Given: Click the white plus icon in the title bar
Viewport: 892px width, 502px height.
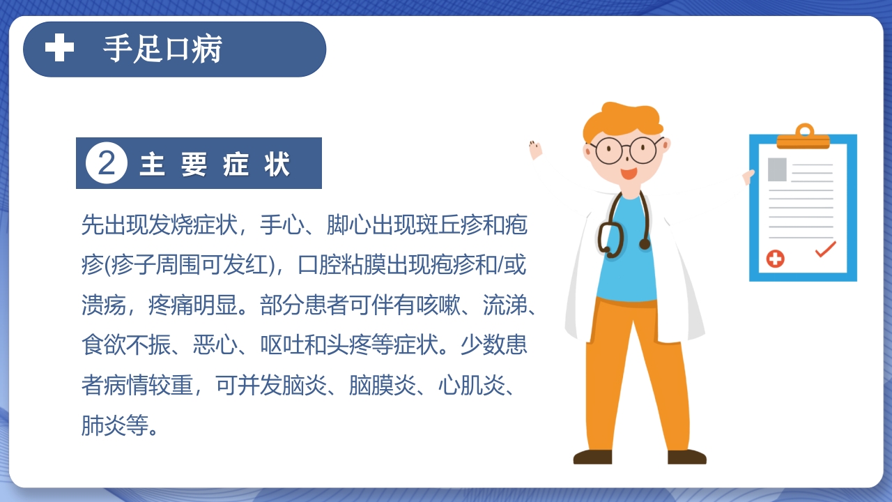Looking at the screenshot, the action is (x=59, y=48).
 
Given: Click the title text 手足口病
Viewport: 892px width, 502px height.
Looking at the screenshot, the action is (x=163, y=49).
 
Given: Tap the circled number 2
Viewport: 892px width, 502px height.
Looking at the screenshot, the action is (x=107, y=164).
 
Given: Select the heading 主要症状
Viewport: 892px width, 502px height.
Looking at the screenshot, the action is (x=215, y=165).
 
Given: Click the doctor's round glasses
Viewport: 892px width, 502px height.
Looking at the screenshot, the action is (x=625, y=150).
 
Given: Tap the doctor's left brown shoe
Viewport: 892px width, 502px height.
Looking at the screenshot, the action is (x=592, y=457).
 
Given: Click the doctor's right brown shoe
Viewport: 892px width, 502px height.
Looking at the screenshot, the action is (x=687, y=457).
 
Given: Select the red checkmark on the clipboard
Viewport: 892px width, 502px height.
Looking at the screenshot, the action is (x=825, y=248).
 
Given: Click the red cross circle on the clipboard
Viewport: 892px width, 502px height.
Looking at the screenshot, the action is (x=775, y=259).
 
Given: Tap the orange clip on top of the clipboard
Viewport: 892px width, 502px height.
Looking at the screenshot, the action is (x=803, y=137).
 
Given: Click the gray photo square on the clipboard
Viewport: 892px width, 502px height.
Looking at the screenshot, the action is (x=777, y=169).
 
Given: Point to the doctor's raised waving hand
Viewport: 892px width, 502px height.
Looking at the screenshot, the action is (x=535, y=149).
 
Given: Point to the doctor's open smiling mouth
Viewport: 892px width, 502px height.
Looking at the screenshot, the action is (x=629, y=173).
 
